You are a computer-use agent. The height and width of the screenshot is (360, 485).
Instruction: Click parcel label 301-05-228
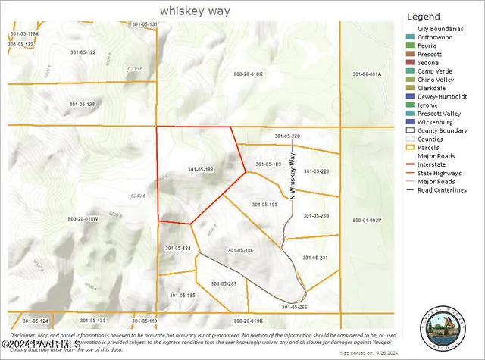coord(287,136)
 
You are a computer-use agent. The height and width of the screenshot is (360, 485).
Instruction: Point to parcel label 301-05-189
coord(268,164)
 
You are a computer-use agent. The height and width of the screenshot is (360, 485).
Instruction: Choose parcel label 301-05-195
coord(264,204)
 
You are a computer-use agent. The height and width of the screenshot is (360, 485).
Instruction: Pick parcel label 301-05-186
coord(239,250)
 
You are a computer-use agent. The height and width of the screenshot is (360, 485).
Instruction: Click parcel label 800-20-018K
coord(247,74)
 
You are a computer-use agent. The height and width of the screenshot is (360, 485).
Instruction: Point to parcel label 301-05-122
coord(82,52)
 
